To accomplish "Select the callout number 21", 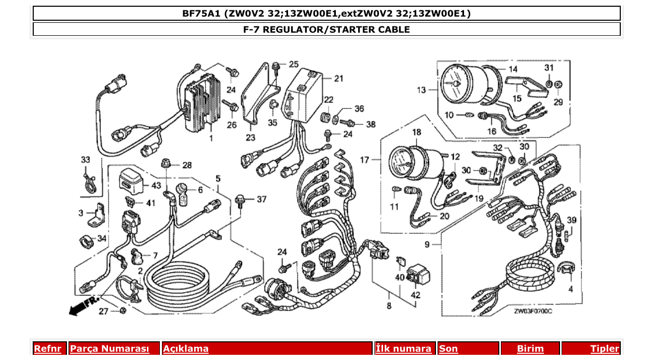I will click(338, 79).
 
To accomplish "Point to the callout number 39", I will click(571, 220).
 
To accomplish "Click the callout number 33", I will click(86, 159).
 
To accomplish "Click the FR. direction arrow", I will click(83, 307).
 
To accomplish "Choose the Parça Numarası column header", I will click(109, 349).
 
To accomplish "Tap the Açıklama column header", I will click(186, 349).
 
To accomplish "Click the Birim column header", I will click(530, 349).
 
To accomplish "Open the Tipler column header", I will click(604, 349).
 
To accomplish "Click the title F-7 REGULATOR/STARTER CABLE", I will click(326, 30).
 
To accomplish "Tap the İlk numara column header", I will click(403, 349).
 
